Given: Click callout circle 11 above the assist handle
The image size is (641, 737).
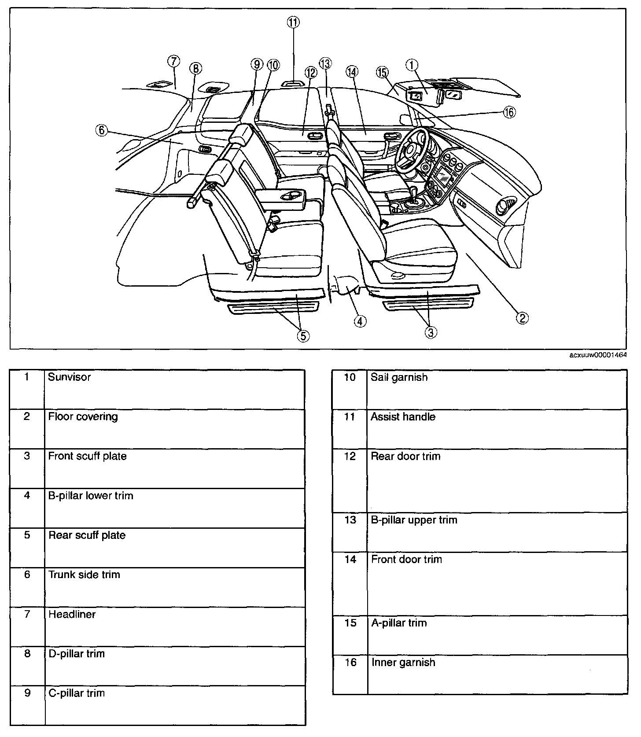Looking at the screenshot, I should coord(293,22).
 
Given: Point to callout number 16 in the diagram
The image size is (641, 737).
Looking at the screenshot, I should coord(509,112).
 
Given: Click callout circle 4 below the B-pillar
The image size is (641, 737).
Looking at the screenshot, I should coord(359,321).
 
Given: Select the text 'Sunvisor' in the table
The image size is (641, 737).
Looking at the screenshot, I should coord(69,377).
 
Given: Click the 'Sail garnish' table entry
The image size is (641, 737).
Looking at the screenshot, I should coord(399,377).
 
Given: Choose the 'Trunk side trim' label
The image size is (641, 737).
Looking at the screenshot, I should coord(84,575).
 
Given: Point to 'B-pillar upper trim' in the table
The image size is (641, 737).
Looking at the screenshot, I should coord(414,520).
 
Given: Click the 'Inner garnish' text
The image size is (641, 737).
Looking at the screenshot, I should coord(403,662).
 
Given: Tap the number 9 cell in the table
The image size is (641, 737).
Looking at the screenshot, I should coord(27,693).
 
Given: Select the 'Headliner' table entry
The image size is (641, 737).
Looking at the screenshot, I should coord(72,614).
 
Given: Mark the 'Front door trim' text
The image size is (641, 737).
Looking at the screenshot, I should coord(406,559).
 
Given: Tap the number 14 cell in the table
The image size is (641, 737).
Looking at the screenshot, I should coord(350,559).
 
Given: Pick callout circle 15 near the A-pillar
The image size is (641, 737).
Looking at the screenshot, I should coord(382,72).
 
